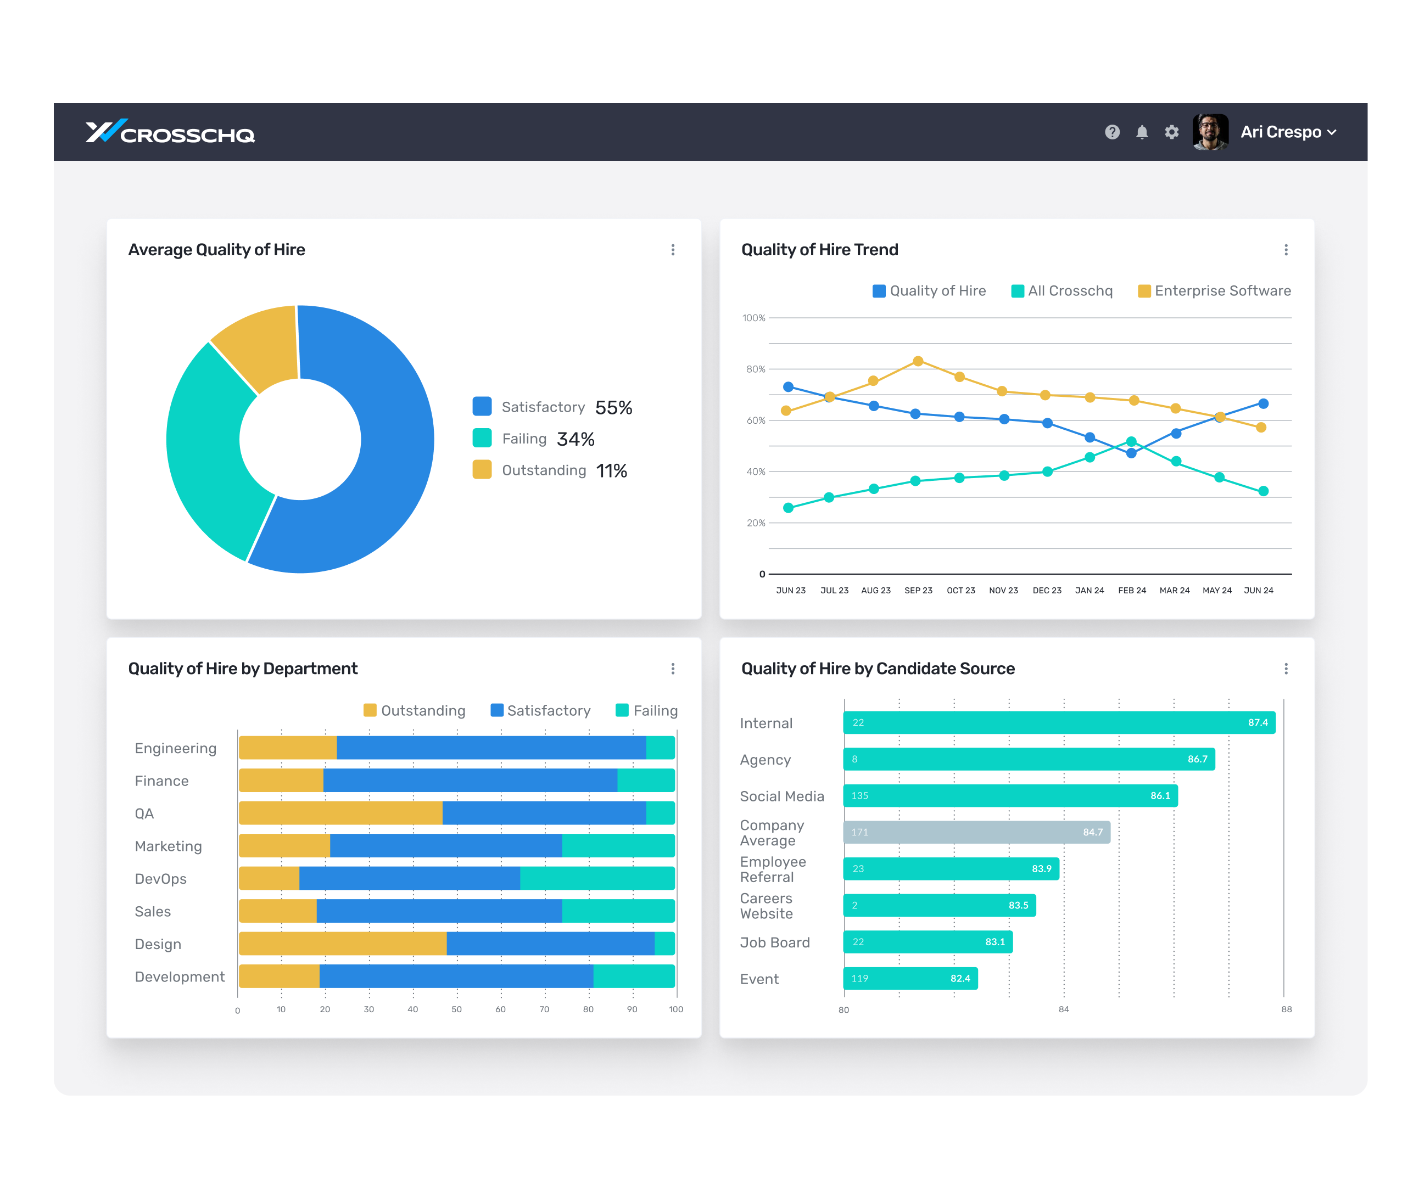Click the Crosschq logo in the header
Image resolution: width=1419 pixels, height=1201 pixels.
click(x=170, y=132)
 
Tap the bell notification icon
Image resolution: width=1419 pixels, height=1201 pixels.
click(x=1142, y=132)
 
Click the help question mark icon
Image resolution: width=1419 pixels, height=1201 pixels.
click(x=1112, y=132)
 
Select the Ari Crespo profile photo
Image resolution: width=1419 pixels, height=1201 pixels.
click(x=1210, y=132)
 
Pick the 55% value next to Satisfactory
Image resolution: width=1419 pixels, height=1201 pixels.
click(x=613, y=407)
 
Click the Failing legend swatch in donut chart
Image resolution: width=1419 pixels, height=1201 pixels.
click(x=482, y=439)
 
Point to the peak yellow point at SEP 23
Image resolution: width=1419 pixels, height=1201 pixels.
click(x=918, y=361)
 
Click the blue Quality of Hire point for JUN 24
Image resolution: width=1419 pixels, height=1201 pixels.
click(x=1263, y=404)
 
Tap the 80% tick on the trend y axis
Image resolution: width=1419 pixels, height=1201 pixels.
click(x=756, y=369)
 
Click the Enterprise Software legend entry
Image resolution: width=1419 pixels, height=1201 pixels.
click(x=1215, y=291)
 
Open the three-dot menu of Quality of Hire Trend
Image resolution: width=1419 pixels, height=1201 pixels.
click(x=1286, y=250)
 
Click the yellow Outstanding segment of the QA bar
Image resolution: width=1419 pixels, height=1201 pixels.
click(x=340, y=813)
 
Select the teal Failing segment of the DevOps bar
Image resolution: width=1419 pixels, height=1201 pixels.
click(x=597, y=878)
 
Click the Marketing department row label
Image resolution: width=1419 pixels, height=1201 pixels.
click(x=168, y=846)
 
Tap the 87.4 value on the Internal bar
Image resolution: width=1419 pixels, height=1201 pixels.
click(x=1257, y=722)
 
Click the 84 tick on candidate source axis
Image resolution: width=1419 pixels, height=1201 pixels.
click(x=1063, y=1009)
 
